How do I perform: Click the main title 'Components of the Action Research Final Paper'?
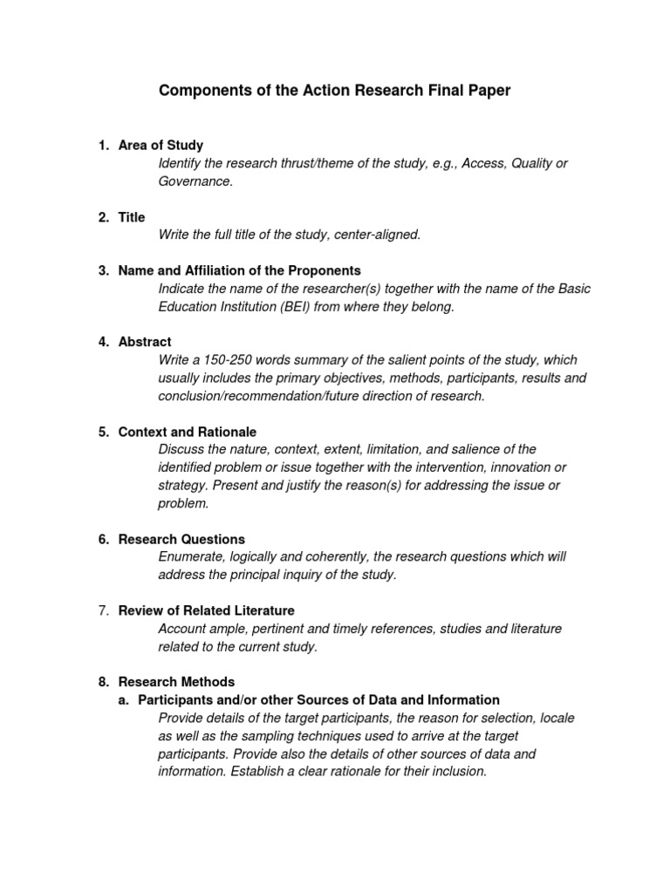pos(334,91)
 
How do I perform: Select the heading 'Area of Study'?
pos(161,145)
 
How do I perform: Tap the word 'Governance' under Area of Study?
pos(195,181)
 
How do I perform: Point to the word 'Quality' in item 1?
pos(531,163)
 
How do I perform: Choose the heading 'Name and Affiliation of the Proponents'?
pos(239,270)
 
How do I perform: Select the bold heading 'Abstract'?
pos(145,342)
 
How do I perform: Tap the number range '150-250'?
pos(230,360)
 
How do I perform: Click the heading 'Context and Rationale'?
pos(188,432)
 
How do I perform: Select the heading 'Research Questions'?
pos(181,539)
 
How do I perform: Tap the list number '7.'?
pos(103,610)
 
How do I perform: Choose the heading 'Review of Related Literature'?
pos(206,610)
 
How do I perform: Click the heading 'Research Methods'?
pos(176,682)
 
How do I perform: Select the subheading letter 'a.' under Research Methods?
pos(125,699)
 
